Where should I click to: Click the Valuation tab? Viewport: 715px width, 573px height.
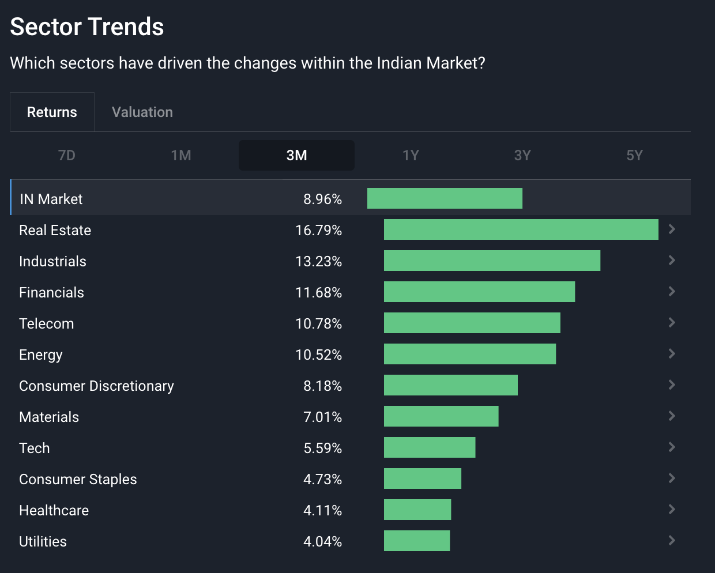pos(142,112)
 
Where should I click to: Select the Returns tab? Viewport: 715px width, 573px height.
pos(52,112)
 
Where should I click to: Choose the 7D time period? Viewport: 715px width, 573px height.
pos(67,155)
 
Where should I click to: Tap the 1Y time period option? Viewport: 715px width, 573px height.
pos(411,155)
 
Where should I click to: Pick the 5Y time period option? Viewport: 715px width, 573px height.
pos(634,155)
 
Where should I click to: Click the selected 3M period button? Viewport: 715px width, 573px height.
pos(296,155)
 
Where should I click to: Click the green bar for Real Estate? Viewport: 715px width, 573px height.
pos(521,229)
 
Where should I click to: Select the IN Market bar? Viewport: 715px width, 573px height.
pos(445,198)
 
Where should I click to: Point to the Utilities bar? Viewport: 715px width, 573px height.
pos(417,541)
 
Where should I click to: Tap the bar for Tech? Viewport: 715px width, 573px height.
pos(430,447)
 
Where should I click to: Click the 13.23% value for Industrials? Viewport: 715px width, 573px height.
pos(318,261)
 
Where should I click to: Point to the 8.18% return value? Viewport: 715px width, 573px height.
pos(322,386)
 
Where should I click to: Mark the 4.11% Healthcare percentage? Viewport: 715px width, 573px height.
pos(322,510)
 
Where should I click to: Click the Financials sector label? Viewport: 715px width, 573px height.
pos(51,292)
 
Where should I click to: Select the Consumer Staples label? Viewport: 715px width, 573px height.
pos(78,479)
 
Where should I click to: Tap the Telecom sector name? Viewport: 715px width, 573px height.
pos(46,323)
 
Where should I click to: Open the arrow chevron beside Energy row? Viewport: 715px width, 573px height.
pos(672,353)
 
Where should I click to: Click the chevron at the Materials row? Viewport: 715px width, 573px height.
pos(672,416)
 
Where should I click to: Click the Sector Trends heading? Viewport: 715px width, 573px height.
pos(87,27)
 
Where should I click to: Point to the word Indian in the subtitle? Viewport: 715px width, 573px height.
pos(400,63)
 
